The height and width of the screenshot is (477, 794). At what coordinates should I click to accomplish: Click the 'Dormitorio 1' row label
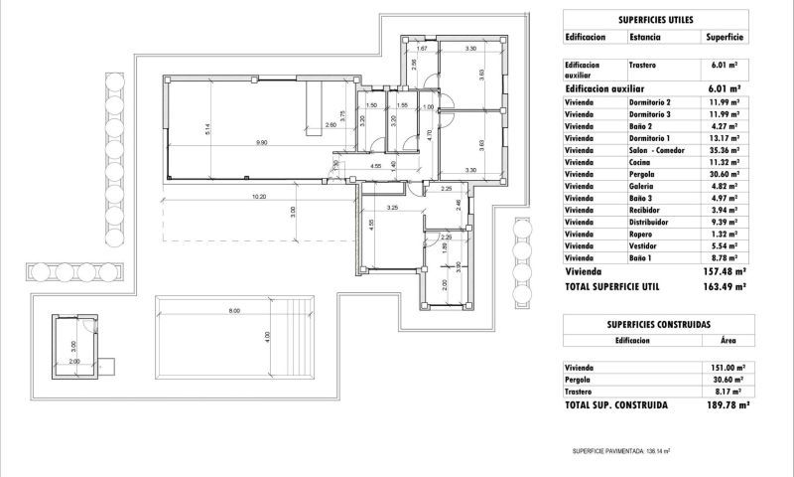coord(649,139)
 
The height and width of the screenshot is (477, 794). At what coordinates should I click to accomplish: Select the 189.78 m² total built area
coord(725,405)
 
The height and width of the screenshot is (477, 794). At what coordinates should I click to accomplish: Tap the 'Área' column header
coord(728,340)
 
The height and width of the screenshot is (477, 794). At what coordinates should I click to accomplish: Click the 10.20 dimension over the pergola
coord(259,196)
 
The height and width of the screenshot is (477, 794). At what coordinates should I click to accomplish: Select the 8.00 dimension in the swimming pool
coord(234,312)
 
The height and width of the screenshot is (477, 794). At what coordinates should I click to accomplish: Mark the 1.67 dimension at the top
coord(422,49)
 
